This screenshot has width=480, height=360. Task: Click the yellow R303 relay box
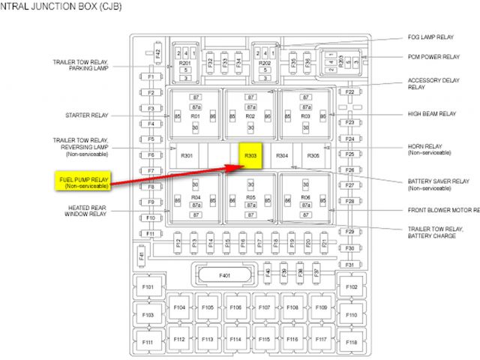[x=250, y=155]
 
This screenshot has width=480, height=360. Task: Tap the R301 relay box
[x=187, y=156]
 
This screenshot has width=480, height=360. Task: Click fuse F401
[x=225, y=275]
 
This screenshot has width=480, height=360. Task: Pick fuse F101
[x=147, y=287]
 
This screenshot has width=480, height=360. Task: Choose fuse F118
[x=351, y=342]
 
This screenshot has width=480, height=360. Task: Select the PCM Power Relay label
[x=434, y=57]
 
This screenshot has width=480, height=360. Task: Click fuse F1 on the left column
[x=151, y=77]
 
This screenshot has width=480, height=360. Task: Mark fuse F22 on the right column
[x=349, y=91]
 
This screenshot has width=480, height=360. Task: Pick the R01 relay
[x=195, y=117]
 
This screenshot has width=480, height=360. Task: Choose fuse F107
[x=264, y=307]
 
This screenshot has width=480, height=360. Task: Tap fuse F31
[x=349, y=265]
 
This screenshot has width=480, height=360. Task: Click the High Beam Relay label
[x=431, y=114]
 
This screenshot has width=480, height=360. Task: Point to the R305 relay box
[x=313, y=156]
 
